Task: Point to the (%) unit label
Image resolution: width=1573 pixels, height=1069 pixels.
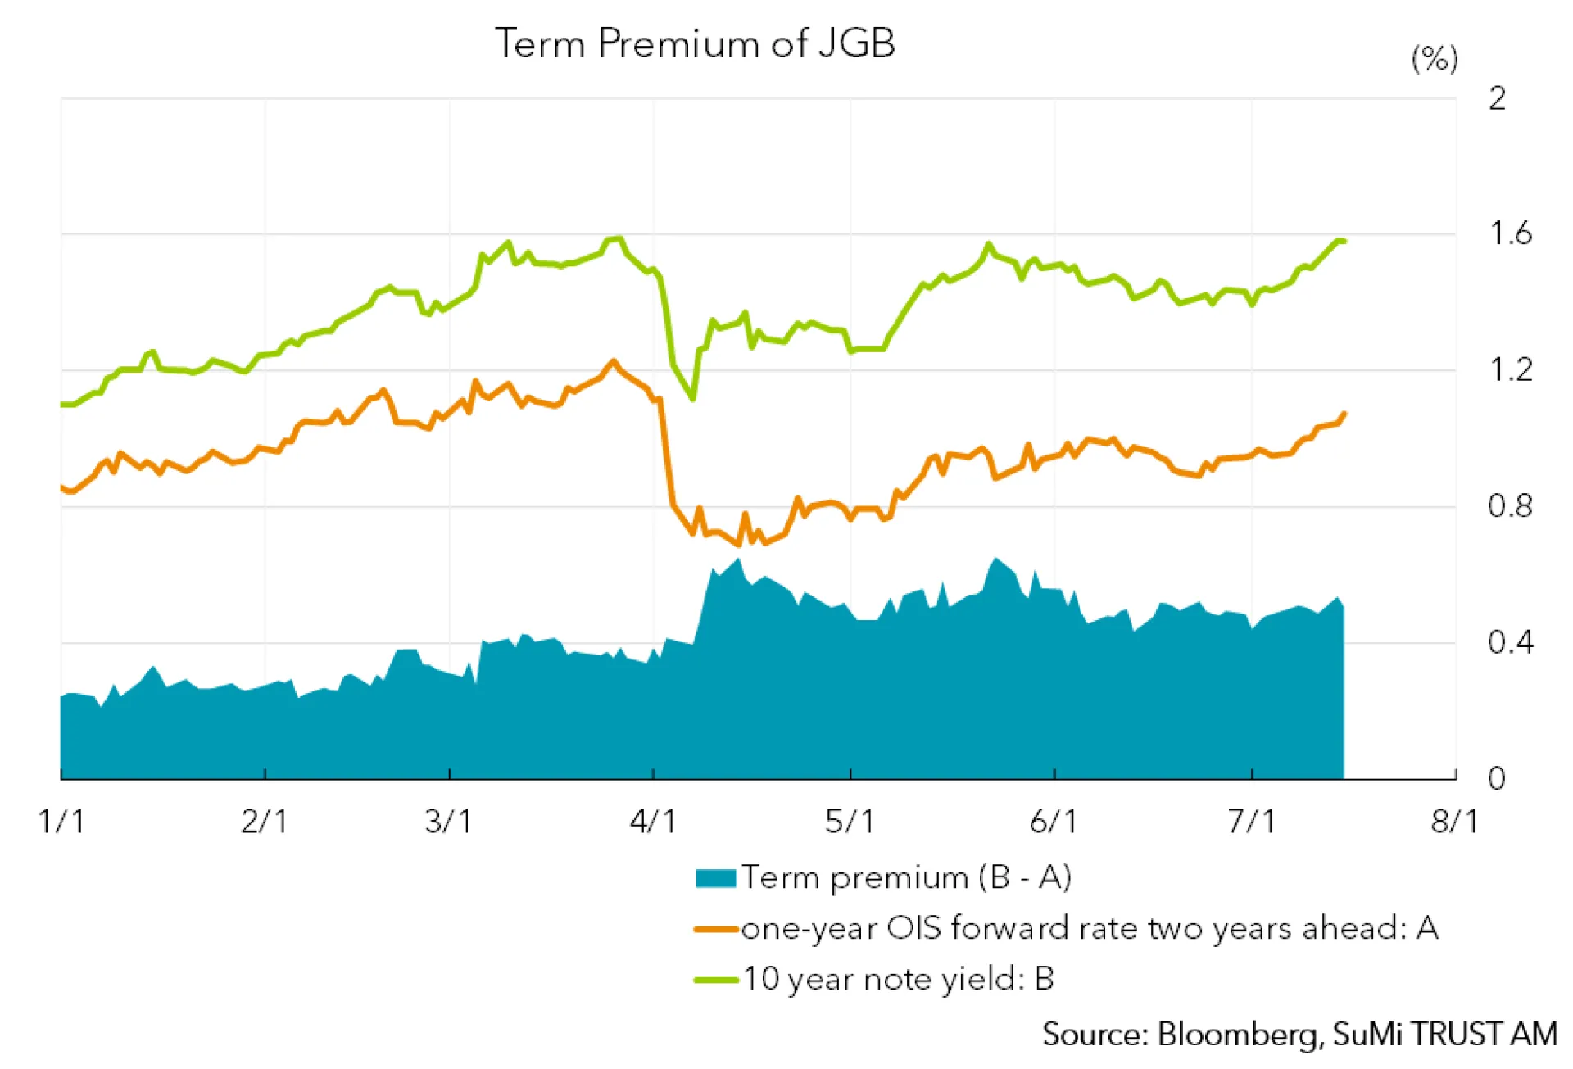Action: [1434, 59]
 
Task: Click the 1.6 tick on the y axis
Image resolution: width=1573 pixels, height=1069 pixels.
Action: [1509, 234]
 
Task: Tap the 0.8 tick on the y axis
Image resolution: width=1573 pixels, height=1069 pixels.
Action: [1509, 506]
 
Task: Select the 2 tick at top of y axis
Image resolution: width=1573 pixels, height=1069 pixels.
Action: [1497, 99]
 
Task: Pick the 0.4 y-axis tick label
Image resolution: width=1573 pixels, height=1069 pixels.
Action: [1509, 642]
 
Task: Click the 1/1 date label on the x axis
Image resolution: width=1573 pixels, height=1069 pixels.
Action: [61, 821]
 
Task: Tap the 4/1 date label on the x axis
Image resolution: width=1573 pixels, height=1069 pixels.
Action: [653, 821]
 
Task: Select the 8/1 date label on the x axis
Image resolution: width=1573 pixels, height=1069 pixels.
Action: [1454, 821]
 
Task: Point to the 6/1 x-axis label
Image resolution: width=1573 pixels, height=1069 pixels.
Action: [1053, 821]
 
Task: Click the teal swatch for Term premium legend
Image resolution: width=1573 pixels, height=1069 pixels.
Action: [715, 878]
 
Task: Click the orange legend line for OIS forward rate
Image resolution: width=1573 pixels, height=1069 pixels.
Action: [715, 929]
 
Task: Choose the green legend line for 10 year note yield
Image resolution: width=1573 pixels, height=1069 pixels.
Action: [715, 980]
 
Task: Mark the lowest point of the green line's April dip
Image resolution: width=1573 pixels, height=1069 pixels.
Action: [693, 399]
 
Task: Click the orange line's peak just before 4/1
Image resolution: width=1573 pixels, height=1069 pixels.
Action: [613, 360]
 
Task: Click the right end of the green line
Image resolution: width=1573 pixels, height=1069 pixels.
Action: [1344, 241]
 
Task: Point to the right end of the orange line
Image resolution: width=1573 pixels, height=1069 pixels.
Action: [1344, 413]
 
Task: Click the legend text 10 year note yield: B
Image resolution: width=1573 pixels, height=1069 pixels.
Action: [898, 980]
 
